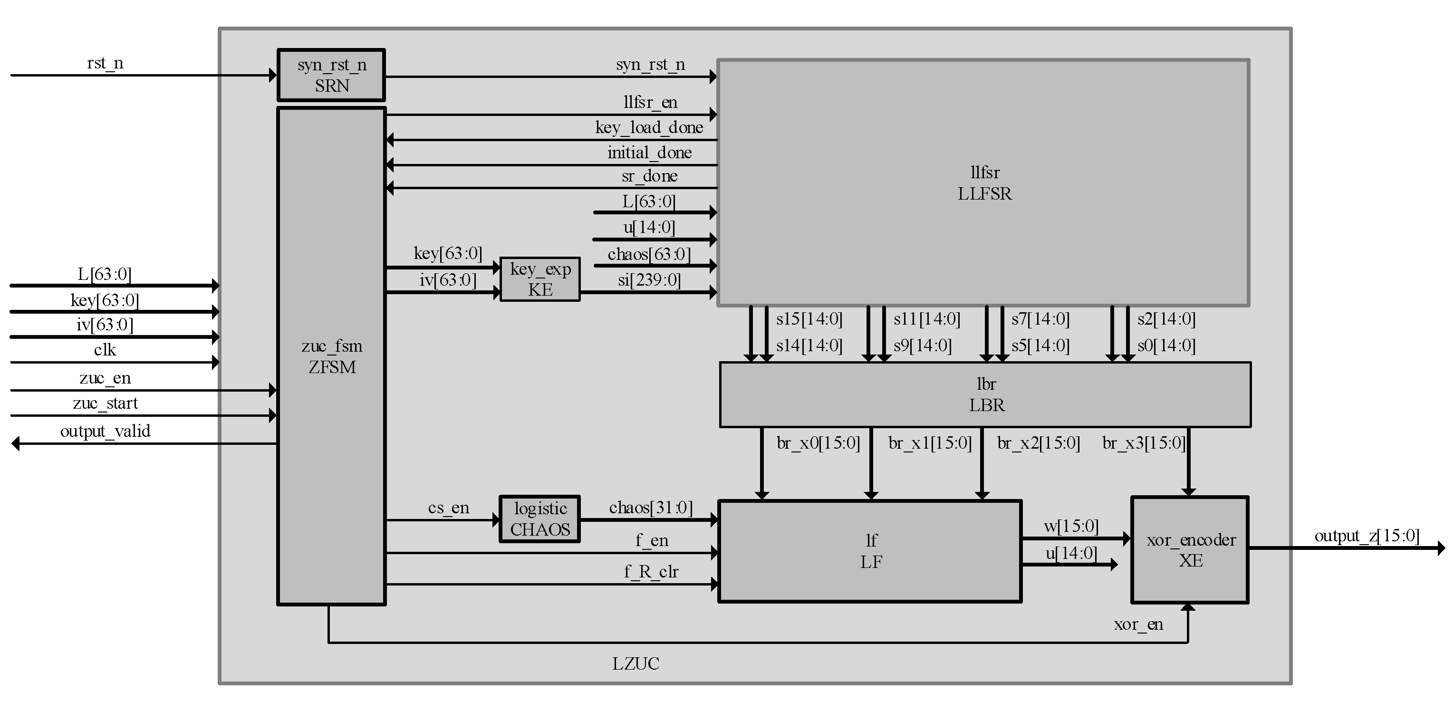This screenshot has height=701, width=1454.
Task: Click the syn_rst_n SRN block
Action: tap(331, 75)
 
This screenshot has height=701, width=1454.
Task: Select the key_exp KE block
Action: tap(539, 279)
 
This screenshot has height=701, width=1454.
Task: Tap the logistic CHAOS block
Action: tap(539, 519)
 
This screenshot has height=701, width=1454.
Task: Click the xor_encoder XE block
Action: tap(1190, 550)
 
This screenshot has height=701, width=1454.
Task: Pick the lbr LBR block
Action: tap(985, 394)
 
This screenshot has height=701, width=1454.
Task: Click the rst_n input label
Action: tap(105, 63)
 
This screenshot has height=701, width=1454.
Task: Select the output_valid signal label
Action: tap(105, 431)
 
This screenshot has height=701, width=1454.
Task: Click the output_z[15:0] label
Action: tap(1367, 535)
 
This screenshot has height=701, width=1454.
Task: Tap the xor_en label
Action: tap(1138, 624)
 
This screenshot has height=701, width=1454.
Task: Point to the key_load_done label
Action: tap(649, 127)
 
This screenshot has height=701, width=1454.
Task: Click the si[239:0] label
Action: tap(649, 279)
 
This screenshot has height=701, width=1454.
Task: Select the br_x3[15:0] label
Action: tap(1144, 442)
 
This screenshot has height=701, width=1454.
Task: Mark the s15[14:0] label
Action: tap(809, 319)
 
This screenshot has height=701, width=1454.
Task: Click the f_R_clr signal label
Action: tap(651, 571)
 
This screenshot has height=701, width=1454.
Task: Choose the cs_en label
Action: tap(448, 508)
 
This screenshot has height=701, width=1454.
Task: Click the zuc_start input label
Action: tap(105, 403)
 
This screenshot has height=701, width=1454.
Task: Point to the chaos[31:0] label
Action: tap(650, 508)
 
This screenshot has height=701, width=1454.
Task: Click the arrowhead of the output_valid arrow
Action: tap(16, 443)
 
